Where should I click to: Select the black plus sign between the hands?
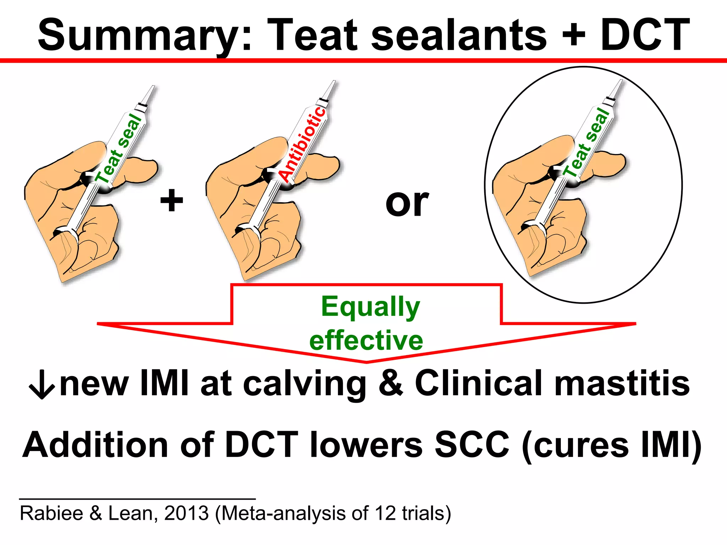[x=172, y=200]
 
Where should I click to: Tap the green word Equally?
[x=371, y=307]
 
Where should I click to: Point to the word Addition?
[x=95, y=445]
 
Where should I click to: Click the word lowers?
[x=366, y=445]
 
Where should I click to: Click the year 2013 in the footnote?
[x=186, y=513]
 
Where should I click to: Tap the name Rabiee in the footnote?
[x=51, y=513]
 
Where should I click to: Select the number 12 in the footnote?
[x=385, y=513]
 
